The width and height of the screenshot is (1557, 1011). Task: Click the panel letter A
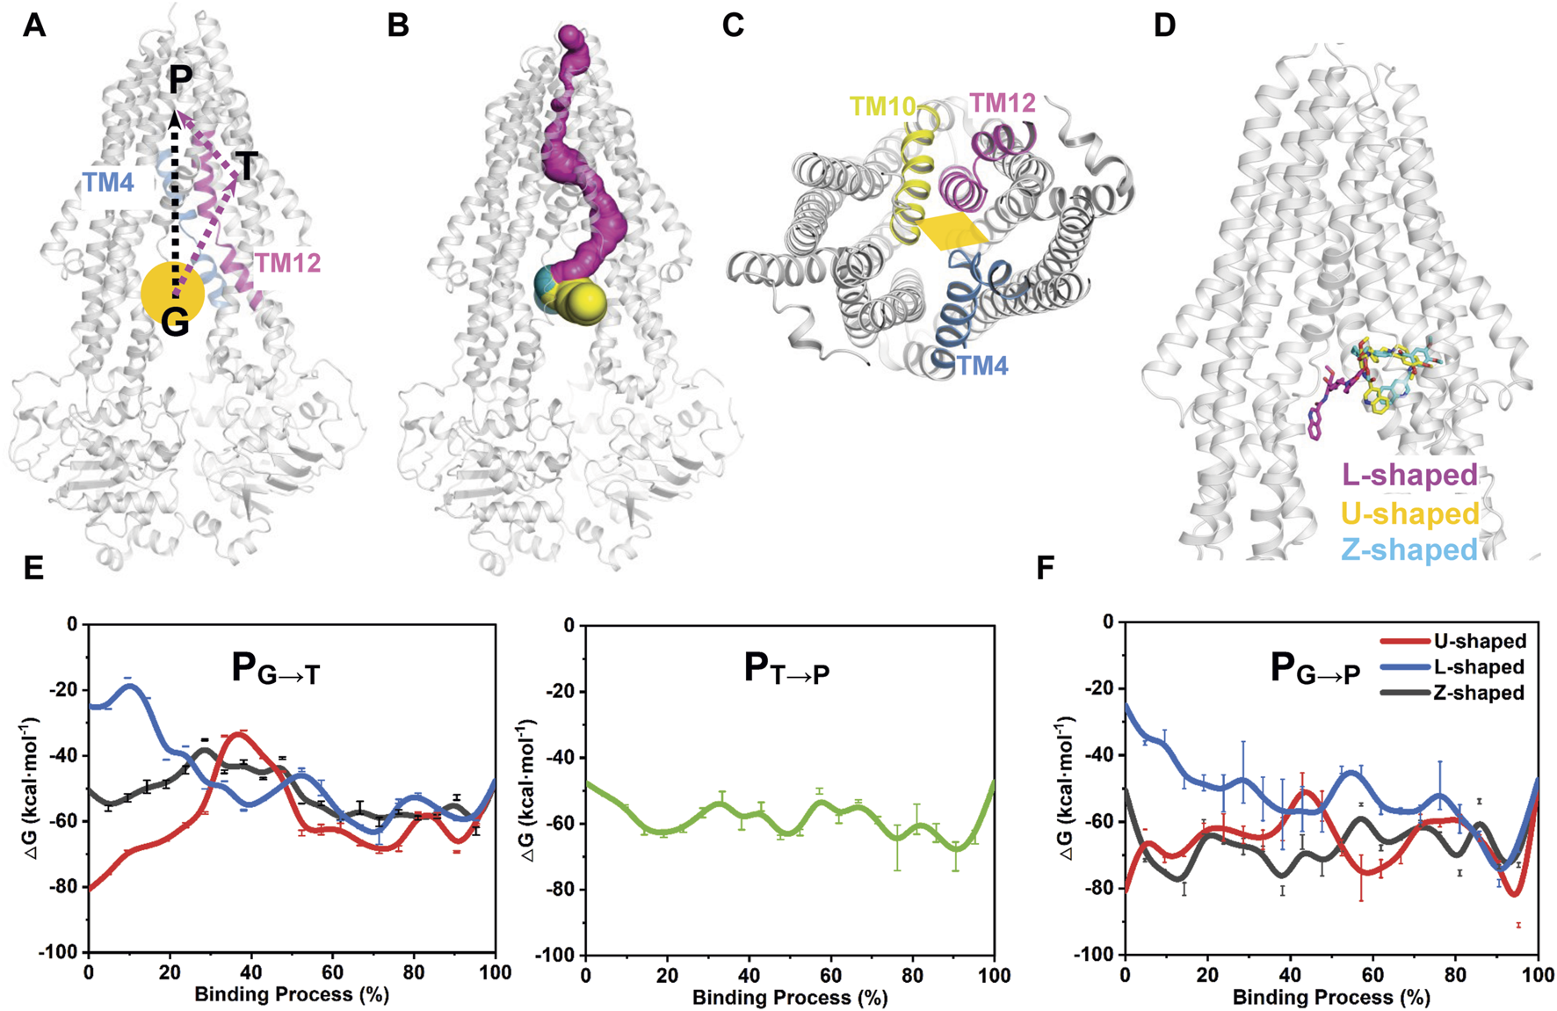click(x=33, y=25)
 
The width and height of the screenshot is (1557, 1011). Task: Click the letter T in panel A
click(x=247, y=166)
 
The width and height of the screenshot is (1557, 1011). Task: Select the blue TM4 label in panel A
click(x=108, y=183)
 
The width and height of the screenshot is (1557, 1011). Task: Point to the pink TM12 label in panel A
click(x=287, y=262)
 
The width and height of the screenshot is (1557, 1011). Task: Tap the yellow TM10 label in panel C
click(x=882, y=107)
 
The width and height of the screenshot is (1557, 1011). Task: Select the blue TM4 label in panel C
click(x=982, y=365)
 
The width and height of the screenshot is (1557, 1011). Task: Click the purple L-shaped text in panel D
click(x=1409, y=476)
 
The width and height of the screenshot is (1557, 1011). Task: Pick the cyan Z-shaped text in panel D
click(x=1409, y=549)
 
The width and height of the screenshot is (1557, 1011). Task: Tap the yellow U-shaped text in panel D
click(x=1409, y=513)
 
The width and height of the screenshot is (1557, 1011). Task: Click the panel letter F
click(x=1045, y=569)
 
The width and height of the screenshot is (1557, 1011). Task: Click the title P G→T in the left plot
click(x=275, y=670)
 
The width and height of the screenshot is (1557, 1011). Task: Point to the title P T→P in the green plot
click(x=786, y=670)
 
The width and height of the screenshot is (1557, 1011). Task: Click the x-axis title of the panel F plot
click(x=1331, y=997)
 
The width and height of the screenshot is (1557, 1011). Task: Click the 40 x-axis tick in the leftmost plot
click(x=251, y=973)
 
